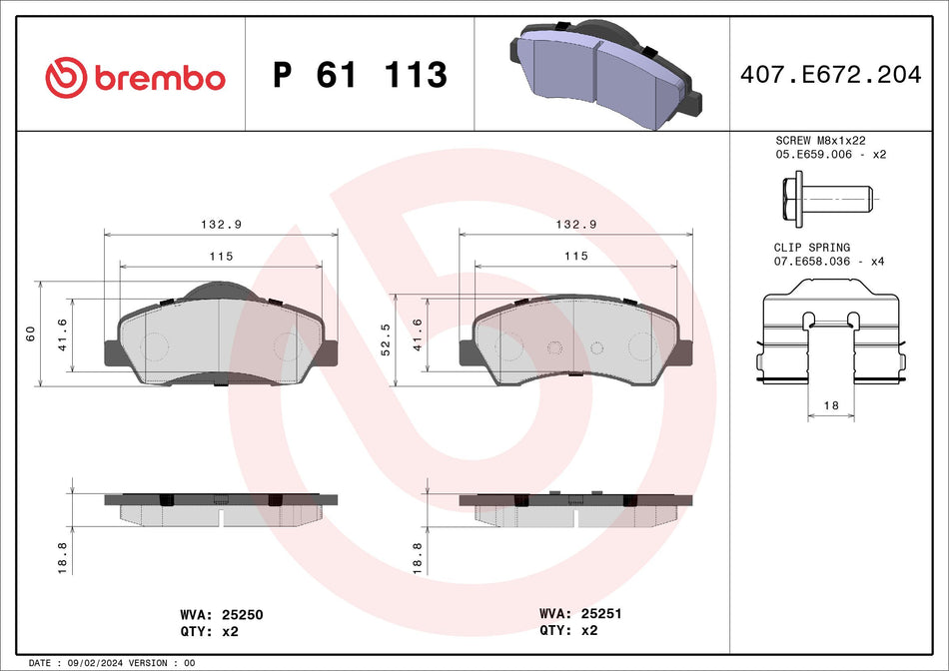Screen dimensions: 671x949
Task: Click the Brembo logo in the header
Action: (x=135, y=77)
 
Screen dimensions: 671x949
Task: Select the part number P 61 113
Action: (x=360, y=75)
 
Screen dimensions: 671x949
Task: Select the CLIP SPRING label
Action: (x=812, y=247)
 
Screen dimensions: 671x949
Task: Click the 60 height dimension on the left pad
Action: (x=31, y=333)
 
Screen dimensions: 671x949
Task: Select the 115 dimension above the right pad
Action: (x=575, y=257)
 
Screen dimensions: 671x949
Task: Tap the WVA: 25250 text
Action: (x=220, y=615)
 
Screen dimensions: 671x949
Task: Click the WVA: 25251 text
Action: (x=580, y=614)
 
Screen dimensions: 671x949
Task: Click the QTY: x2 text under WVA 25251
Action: (x=569, y=630)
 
